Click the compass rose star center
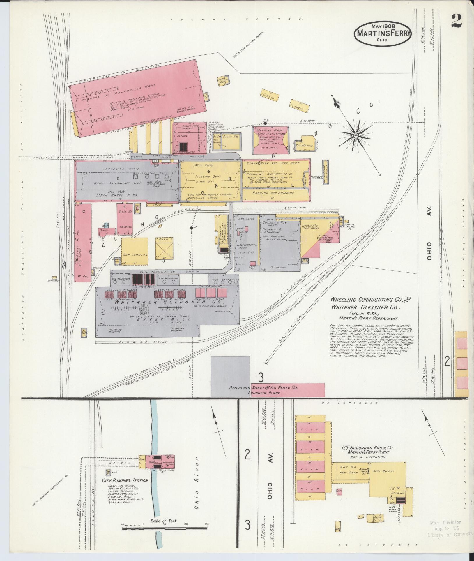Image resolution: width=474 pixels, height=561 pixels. [355, 135]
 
